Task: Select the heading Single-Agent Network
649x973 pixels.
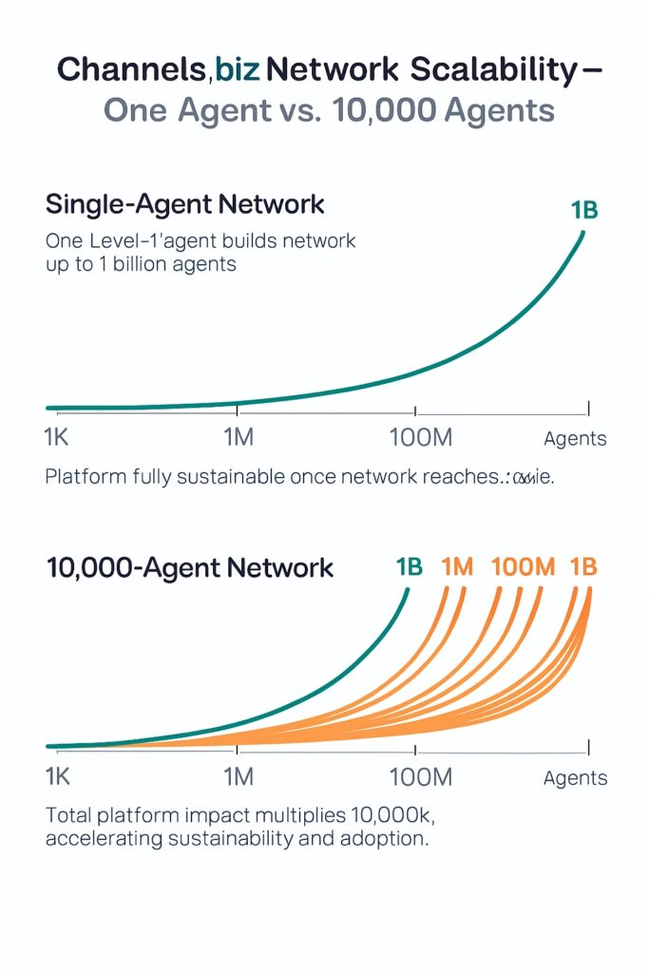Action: click(185, 204)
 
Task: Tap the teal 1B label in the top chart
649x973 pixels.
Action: click(584, 210)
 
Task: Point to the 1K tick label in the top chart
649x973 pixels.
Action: click(58, 439)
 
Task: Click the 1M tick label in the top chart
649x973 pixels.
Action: click(237, 439)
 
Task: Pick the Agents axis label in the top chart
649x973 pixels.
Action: click(575, 439)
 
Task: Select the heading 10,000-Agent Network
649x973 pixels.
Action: click(190, 568)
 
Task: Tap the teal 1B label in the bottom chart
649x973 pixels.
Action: click(409, 567)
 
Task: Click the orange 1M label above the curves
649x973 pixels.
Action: click(457, 567)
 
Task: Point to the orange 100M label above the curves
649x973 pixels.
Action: click(523, 567)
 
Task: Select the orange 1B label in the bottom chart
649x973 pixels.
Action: click(583, 567)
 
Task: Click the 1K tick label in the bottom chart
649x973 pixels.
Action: click(58, 776)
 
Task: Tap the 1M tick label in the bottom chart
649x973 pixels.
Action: click(237, 776)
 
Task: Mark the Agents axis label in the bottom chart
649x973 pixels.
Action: click(575, 778)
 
